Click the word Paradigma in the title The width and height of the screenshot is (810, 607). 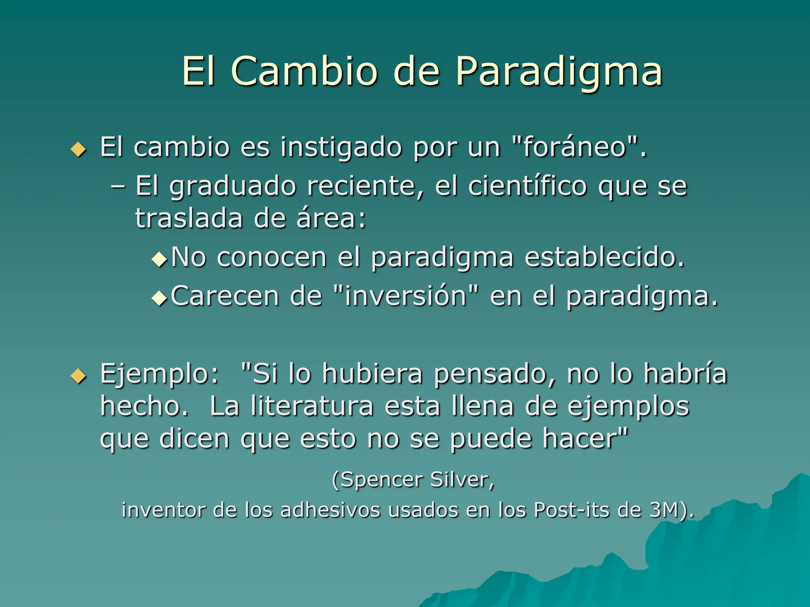558,71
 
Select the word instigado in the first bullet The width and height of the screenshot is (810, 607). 341,147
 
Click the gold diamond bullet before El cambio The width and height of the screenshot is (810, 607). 78,149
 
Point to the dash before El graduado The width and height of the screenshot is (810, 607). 118,186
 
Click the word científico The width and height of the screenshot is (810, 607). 527,186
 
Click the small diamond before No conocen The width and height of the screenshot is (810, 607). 160,260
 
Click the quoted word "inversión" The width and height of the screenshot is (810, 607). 406,296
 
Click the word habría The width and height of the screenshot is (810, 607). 685,373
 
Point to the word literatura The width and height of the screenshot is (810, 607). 312,406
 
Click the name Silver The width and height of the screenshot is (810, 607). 462,480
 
